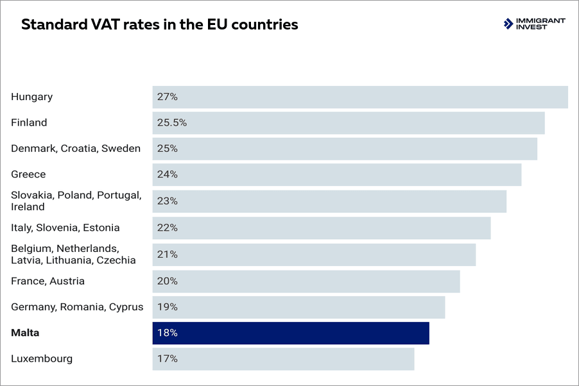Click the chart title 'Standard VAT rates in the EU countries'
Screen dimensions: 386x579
pos(159,25)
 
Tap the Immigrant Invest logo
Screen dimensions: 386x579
pos(534,24)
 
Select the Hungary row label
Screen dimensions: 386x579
pos(31,97)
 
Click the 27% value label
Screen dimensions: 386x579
pos(167,97)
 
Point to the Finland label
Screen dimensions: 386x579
pos(29,122)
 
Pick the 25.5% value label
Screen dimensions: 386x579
pos(171,122)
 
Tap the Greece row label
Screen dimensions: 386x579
pos(28,174)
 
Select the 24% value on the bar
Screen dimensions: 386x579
pos(167,174)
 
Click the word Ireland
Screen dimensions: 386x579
pos(28,206)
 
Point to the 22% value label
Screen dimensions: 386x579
pos(167,228)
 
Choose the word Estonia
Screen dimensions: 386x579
pos(101,228)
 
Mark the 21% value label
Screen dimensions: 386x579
pos(167,255)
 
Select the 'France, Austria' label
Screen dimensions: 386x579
pos(48,281)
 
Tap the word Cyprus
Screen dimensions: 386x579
pos(126,306)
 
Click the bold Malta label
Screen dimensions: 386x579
pos(25,333)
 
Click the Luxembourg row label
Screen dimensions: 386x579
pos(42,358)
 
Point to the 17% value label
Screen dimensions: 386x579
pos(167,358)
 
